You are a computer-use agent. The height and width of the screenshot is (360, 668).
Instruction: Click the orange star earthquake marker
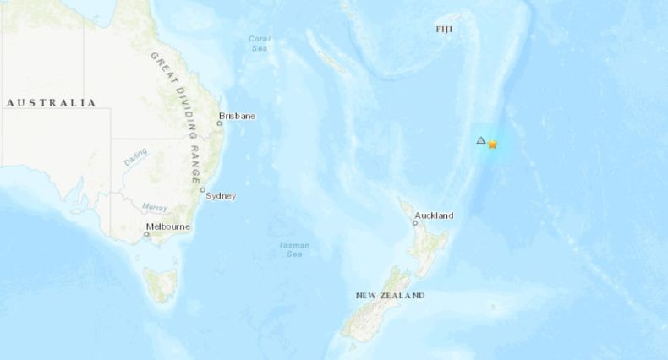492,145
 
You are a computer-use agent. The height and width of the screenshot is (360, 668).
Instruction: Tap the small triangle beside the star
481,139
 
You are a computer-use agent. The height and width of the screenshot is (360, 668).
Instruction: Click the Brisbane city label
236,116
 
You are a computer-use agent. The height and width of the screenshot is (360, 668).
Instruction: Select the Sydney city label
222,196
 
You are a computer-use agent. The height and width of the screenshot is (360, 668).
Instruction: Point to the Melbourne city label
168,226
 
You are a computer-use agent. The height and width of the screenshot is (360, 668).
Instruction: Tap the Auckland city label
434,215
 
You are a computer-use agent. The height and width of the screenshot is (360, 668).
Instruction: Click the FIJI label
445,30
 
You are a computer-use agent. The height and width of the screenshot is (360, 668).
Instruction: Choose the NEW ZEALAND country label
390,296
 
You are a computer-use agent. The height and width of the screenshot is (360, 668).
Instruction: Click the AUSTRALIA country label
51,103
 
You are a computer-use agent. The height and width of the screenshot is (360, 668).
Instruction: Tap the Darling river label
136,157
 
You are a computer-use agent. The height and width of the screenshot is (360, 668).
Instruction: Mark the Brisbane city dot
219,123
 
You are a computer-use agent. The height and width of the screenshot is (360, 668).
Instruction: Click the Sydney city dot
203,189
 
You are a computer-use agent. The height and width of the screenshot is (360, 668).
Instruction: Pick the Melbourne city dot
146,234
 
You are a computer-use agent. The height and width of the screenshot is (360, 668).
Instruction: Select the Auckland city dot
414,223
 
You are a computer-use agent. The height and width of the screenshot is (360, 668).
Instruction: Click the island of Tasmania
160,282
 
